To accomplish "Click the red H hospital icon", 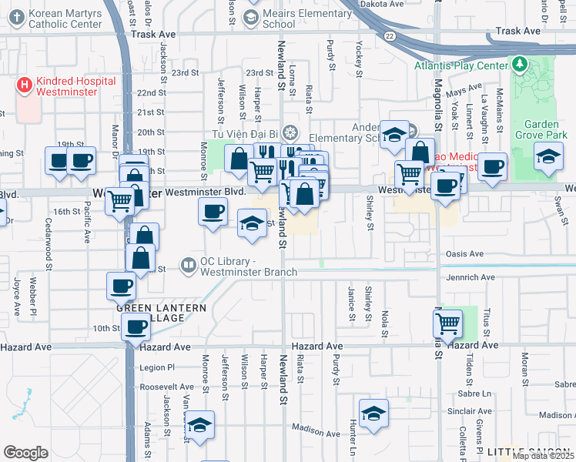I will tap(25, 85).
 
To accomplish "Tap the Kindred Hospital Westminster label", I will tap(75, 86).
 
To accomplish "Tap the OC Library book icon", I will tap(188, 266).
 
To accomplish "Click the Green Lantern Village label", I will tap(162, 313).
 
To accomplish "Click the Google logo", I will tap(26, 452).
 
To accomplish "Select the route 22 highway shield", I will tap(390, 36).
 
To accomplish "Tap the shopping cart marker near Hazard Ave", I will tap(447, 324).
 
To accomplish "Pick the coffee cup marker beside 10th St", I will tap(136, 326).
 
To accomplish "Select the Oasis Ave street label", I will tap(465, 253).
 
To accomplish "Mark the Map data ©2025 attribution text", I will tap(543, 456).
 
